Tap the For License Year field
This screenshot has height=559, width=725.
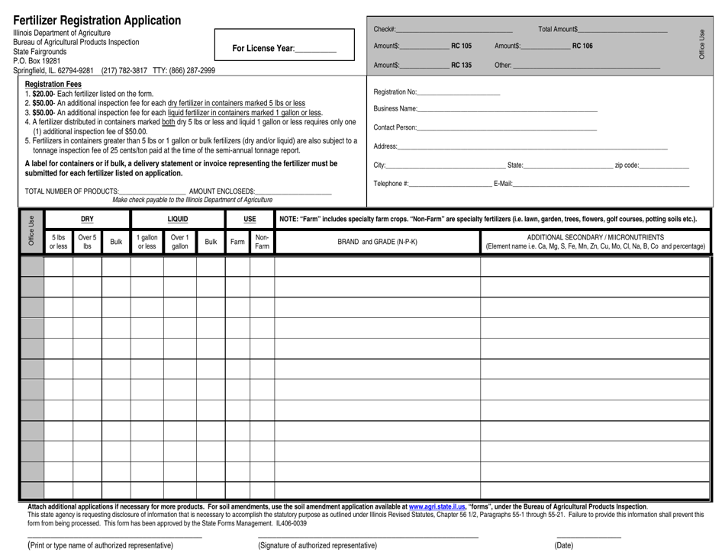[x=315, y=49]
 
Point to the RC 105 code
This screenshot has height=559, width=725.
[x=462, y=47]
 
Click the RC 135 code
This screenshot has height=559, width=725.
[x=462, y=65]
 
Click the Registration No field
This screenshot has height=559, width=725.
[x=459, y=92]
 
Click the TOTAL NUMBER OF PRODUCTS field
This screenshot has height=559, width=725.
[x=153, y=191]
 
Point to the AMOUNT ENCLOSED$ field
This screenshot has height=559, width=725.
[x=294, y=191]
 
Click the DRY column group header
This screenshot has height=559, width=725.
[x=87, y=219]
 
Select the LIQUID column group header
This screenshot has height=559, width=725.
[x=178, y=219]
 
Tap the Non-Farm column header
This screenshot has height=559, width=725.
[x=262, y=242]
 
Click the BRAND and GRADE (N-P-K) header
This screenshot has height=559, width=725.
[x=378, y=242]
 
